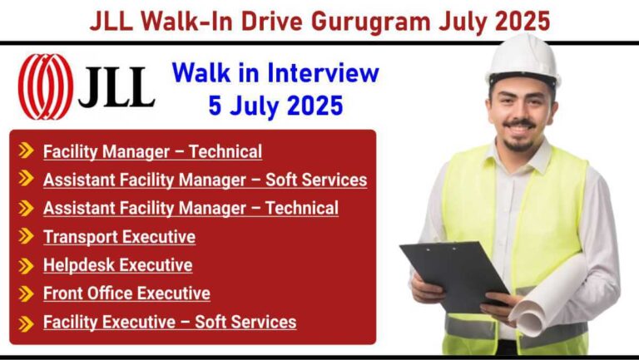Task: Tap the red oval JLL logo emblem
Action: (x=46, y=86)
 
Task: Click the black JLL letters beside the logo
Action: (x=117, y=86)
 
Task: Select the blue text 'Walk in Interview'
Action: (x=275, y=73)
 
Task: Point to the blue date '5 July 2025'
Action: (x=275, y=106)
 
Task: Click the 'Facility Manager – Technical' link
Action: (x=152, y=152)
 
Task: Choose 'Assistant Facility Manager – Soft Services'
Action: (x=205, y=180)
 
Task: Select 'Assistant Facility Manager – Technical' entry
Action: (x=191, y=208)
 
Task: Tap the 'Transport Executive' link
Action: (x=120, y=237)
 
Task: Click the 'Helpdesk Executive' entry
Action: (x=118, y=265)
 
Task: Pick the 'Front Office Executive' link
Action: (x=126, y=293)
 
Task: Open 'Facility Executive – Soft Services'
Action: (x=170, y=322)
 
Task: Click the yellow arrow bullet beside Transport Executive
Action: (x=26, y=236)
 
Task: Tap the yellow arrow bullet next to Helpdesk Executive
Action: (x=26, y=265)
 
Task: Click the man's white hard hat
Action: (x=523, y=60)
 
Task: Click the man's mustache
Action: (x=519, y=123)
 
